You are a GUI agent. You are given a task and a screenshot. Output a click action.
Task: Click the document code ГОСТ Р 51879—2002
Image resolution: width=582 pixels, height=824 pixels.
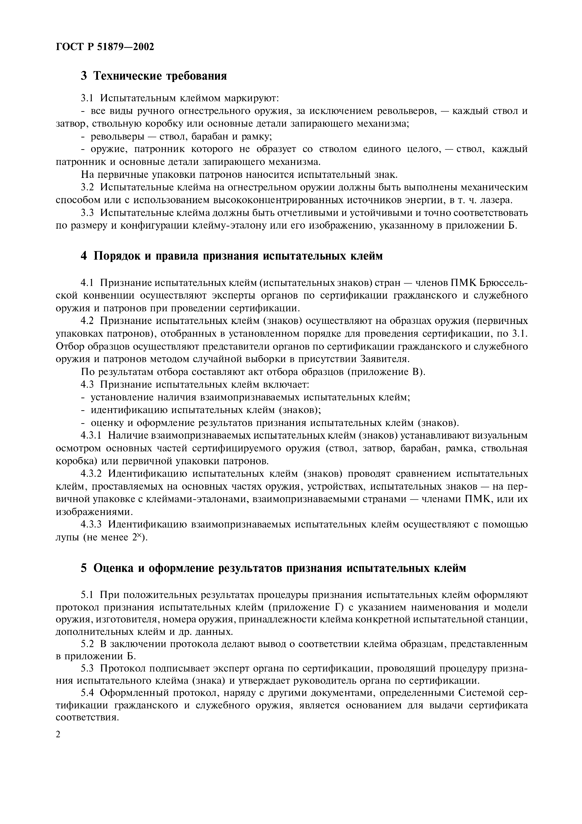(105, 47)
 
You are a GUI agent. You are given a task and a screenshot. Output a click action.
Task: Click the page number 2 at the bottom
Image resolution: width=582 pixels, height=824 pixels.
(59, 734)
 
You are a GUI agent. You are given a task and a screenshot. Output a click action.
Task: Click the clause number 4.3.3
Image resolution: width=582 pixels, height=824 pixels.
(91, 525)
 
